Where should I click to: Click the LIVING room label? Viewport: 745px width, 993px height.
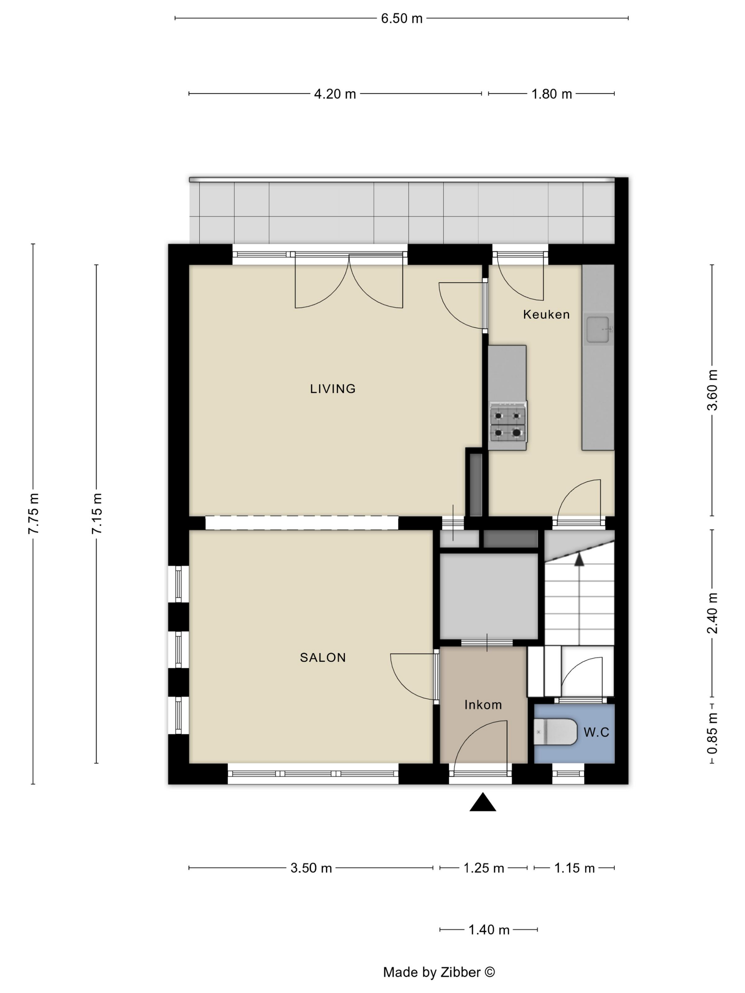(x=333, y=388)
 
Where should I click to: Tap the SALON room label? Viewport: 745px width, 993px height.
(x=323, y=657)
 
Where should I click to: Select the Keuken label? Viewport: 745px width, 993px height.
(x=546, y=314)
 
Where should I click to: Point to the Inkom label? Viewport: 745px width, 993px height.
(x=483, y=704)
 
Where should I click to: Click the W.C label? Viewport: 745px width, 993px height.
(x=596, y=732)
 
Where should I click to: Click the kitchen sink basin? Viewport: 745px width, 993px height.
(x=597, y=329)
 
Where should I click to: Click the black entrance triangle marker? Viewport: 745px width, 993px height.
(x=483, y=802)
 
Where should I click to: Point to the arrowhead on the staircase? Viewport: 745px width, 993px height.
(x=579, y=559)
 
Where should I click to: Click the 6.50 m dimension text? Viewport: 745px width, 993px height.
(x=402, y=18)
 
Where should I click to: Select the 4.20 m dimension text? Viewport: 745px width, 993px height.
(x=335, y=94)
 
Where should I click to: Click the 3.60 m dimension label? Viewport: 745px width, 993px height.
(x=712, y=390)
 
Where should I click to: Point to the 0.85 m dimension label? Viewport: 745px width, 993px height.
(x=712, y=733)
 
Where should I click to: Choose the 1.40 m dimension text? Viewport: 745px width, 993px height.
(x=489, y=930)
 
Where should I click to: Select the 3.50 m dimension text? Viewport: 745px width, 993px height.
(x=311, y=868)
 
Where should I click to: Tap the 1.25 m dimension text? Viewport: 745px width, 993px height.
(x=484, y=868)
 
